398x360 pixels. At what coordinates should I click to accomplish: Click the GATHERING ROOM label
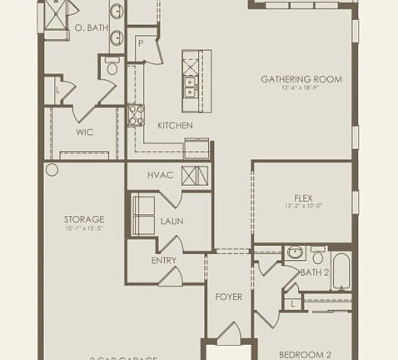301,80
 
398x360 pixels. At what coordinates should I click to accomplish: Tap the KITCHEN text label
175,126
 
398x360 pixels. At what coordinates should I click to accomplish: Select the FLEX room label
302,198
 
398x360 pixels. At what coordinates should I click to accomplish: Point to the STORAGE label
84,219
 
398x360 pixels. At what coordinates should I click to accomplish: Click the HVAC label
160,175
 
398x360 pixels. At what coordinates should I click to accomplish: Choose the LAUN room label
172,221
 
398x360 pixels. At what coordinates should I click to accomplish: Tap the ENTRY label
164,261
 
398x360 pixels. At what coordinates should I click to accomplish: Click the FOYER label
228,297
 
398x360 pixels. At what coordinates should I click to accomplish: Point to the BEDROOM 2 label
305,354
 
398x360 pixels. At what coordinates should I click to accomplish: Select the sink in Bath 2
294,252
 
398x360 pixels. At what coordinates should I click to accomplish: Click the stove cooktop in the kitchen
137,114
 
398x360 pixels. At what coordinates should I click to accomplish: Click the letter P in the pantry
142,42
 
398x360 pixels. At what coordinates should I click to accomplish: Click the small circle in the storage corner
52,170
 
